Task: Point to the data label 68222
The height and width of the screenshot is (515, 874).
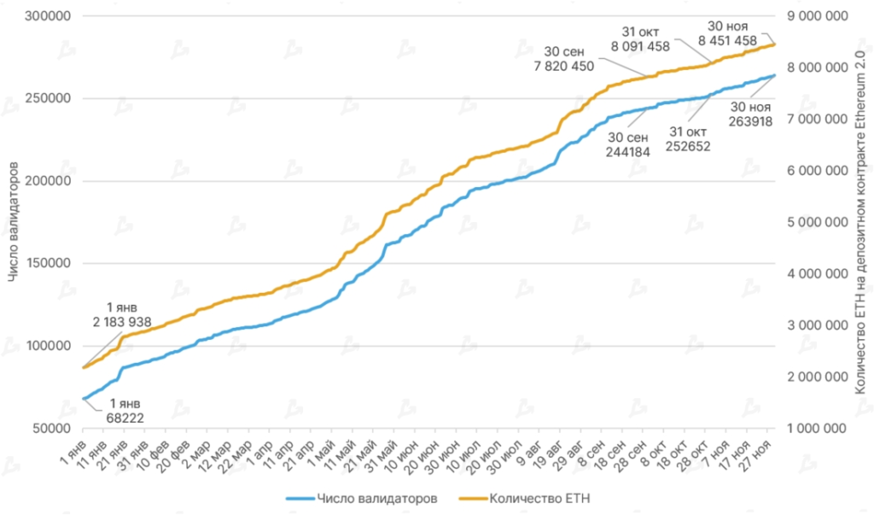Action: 119,418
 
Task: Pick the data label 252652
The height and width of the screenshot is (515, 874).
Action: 690,145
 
